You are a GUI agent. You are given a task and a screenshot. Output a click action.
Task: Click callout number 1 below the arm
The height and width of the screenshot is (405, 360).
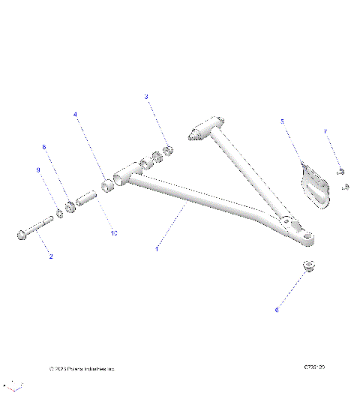pos(155,247)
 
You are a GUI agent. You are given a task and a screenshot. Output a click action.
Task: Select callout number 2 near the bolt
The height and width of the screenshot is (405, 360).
pos(50,257)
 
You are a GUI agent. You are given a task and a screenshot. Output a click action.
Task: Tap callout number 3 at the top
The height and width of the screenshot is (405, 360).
pos(146,97)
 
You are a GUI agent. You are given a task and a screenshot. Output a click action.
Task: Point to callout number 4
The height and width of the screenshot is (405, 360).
pos(75,115)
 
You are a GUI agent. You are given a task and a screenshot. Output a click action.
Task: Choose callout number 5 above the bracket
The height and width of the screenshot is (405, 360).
pos(282,121)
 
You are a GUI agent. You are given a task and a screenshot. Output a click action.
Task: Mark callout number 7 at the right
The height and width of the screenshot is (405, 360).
pos(325,132)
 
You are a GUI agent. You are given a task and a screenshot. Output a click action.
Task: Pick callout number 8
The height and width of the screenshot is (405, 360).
pos(44,147)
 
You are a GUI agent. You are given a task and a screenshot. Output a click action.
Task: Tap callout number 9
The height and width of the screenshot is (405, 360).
pos(37,170)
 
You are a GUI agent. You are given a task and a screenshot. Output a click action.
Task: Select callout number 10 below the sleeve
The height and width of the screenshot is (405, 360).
pos(114,233)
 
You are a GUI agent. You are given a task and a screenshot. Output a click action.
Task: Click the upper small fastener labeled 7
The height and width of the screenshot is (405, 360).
pos(340,172)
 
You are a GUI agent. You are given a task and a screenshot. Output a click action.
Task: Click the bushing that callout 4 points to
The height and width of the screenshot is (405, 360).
pos(108,184)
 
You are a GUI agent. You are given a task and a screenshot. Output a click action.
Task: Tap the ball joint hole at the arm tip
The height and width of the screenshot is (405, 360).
pos(308,238)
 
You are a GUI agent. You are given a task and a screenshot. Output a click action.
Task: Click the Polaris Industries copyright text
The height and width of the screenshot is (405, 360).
pos(82,369)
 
